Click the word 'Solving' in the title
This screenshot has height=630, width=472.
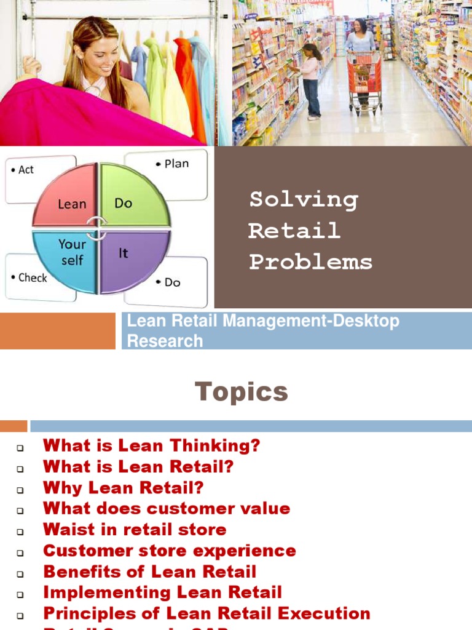point(303,200)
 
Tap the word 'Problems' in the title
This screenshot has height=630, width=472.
point(310,263)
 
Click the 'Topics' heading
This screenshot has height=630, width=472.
point(242,392)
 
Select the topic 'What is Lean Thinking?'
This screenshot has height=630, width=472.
point(151,446)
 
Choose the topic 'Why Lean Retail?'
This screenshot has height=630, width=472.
point(123,488)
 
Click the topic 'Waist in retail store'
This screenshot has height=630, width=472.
point(135,530)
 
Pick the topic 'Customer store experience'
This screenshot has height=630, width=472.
point(169,551)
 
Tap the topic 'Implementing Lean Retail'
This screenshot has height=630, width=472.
point(162,592)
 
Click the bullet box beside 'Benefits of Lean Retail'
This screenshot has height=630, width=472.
point(20,573)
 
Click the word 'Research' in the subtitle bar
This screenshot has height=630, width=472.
point(165,341)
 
